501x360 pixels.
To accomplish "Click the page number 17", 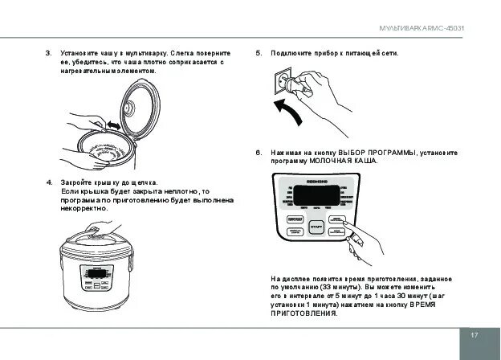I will [x=475, y=334].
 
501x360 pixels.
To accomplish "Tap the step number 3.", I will [x=48, y=53].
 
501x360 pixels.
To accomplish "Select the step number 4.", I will [x=48, y=182].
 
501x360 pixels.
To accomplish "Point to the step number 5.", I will [x=259, y=53].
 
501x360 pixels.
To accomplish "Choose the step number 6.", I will [x=259, y=152].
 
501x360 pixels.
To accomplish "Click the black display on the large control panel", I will [x=316, y=194].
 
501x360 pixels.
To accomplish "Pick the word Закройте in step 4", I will [x=75, y=182].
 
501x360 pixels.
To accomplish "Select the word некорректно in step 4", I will [x=83, y=208].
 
